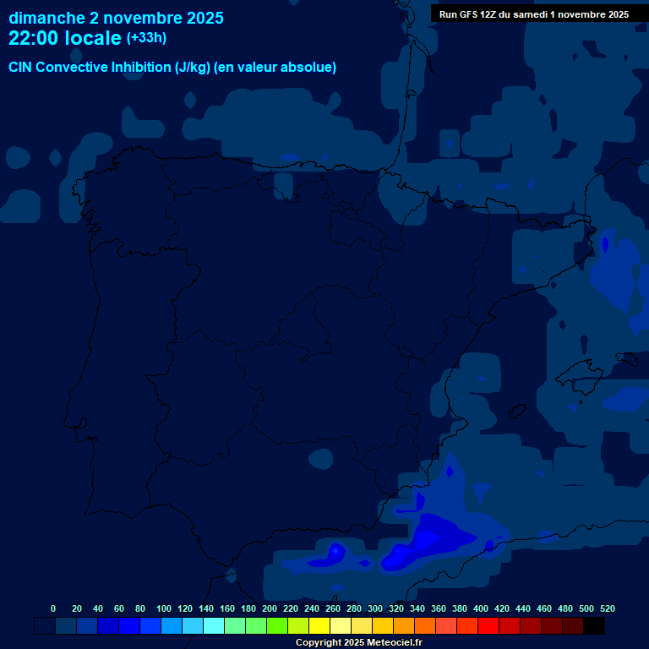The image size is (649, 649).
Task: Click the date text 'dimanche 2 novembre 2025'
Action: point(116,18)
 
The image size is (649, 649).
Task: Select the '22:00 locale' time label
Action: point(65,38)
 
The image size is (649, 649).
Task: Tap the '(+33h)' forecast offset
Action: point(146,38)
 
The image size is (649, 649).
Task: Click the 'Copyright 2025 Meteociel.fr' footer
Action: point(358,643)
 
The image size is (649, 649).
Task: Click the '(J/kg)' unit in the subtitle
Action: point(193,68)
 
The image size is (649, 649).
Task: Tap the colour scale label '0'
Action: point(53,608)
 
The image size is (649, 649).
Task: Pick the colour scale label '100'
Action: point(164,608)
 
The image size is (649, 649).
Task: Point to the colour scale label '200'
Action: point(270,608)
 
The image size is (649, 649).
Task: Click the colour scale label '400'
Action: point(481,608)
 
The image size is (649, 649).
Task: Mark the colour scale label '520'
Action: point(608,608)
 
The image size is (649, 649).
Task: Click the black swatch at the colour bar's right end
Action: point(593,626)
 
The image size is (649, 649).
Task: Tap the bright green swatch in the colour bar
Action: point(277,626)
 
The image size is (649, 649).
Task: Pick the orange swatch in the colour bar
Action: point(404,626)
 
